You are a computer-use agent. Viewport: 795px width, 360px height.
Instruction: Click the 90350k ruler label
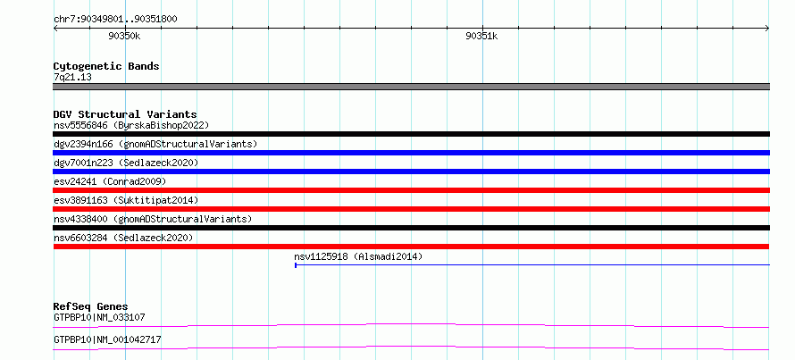[x=124, y=36]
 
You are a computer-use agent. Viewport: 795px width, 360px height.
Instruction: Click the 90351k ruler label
[x=481, y=36]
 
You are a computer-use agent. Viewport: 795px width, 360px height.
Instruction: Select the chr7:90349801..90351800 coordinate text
[x=115, y=20]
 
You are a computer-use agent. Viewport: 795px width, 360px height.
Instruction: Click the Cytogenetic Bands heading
[x=106, y=66]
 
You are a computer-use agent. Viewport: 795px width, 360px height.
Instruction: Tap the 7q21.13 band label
[x=72, y=78]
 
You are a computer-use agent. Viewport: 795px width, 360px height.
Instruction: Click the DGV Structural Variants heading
[x=125, y=114]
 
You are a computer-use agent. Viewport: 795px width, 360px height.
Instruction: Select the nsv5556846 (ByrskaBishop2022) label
[x=131, y=125]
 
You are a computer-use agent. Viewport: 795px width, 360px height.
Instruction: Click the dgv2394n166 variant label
[x=155, y=144]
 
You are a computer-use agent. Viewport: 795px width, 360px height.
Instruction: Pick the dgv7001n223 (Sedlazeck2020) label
[x=126, y=163]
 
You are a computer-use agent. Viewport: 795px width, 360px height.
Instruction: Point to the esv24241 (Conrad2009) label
[x=110, y=181]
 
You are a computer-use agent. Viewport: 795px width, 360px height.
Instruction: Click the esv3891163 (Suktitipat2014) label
[x=126, y=200]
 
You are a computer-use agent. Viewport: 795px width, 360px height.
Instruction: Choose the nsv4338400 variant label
[x=153, y=219]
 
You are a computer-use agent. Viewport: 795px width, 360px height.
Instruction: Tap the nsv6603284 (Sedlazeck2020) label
[x=123, y=238]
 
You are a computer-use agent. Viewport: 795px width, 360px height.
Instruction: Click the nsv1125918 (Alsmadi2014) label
[x=358, y=256]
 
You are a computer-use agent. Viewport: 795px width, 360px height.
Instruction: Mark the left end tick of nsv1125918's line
[x=296, y=264]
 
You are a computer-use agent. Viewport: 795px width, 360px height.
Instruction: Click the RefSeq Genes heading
[x=90, y=306]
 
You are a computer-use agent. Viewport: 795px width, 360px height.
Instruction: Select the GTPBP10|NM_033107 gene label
[x=99, y=318]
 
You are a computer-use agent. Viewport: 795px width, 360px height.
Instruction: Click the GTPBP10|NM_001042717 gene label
[x=107, y=339]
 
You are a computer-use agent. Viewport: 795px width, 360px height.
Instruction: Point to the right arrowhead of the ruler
[x=767, y=29]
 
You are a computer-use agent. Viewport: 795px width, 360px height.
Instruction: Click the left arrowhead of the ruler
[x=55, y=29]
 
